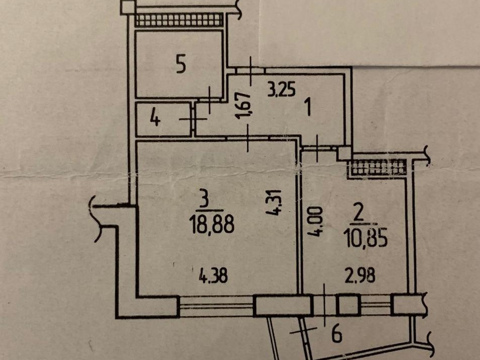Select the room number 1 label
[309, 107]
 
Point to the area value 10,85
[366, 238]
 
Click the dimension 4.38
[214, 275]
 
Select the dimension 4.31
[275, 202]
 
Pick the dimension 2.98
[360, 276]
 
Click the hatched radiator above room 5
[179, 20]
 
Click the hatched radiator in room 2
[378, 168]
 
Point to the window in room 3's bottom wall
[216, 305]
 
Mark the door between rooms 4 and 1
[193, 119]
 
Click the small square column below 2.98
[348, 304]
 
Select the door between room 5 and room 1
[210, 100]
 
